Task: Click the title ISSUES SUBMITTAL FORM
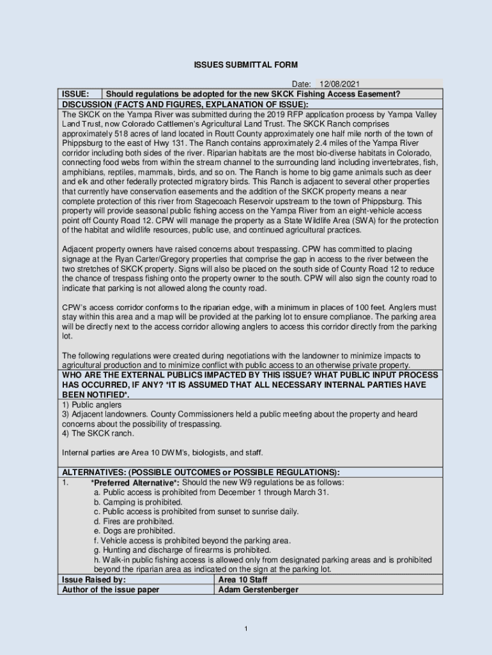tap(246, 65)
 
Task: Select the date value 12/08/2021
tap(340, 84)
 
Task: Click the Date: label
tap(301, 84)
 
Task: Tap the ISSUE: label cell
tap(75, 94)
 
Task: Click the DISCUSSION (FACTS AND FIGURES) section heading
tap(185, 104)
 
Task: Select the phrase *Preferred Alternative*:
tap(135, 482)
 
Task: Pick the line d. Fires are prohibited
tap(134, 521)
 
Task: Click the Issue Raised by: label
tap(93, 580)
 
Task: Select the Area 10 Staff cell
tap(243, 580)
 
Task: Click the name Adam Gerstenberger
tap(258, 589)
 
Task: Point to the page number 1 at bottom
tap(246, 629)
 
